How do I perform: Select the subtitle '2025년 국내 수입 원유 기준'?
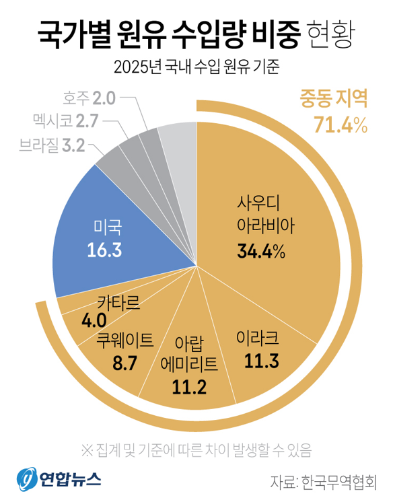pyautogui.click(x=196, y=67)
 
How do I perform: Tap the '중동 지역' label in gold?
pyautogui.click(x=333, y=100)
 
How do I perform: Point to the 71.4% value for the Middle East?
pyautogui.click(x=339, y=124)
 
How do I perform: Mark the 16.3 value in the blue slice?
pyautogui.click(x=104, y=250)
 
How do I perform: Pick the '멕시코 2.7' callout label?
pyautogui.click(x=66, y=122)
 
